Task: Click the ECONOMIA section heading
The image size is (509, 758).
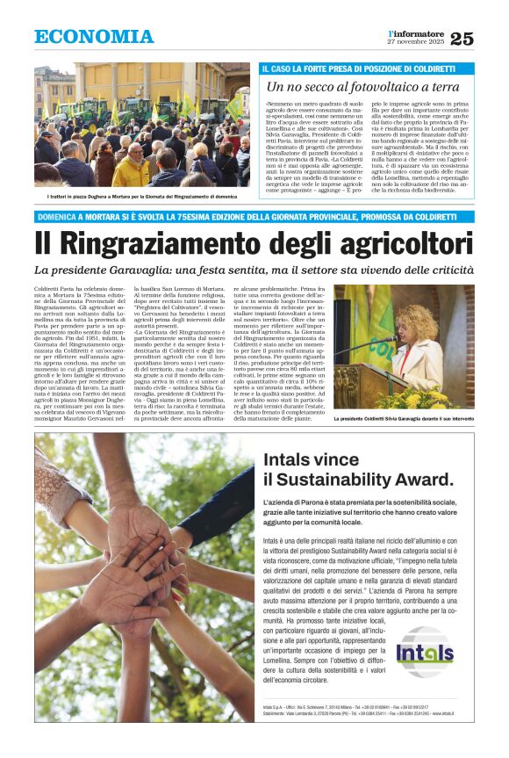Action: click(x=94, y=36)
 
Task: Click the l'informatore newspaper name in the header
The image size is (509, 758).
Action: click(x=416, y=32)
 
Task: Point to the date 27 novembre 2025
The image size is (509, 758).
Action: click(x=416, y=42)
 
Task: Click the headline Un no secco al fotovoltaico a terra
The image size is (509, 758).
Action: click(x=362, y=87)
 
